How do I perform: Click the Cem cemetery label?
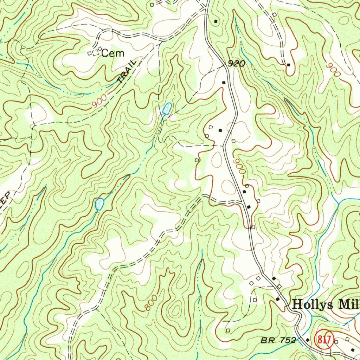pyautogui.click(x=113, y=54)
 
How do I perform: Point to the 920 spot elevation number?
pyautogui.click(x=236, y=64)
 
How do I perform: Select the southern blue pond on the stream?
pyautogui.click(x=99, y=204)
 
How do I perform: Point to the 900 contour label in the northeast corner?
pyautogui.click(x=333, y=70)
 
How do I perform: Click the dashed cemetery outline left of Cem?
pyautogui.click(x=95, y=53)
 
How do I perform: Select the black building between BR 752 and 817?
pyautogui.click(x=308, y=340)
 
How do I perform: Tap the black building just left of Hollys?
pyautogui.click(x=278, y=299)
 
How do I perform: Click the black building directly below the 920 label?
pyautogui.click(x=224, y=82)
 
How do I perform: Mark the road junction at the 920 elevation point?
pyautogui.click(x=225, y=66)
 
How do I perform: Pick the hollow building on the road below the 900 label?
pyautogui.click(x=247, y=186)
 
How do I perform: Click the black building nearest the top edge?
pyautogui.click(x=216, y=21)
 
